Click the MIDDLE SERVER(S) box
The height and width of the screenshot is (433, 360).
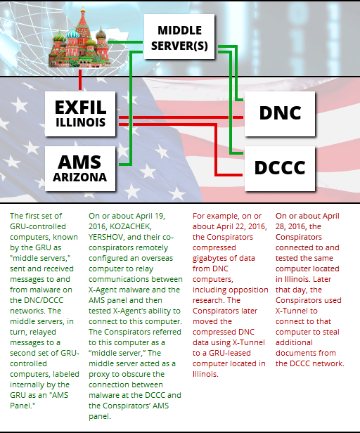179,37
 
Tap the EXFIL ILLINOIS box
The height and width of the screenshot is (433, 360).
80,114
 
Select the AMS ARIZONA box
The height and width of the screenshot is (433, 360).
80,169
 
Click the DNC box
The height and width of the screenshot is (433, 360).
280,114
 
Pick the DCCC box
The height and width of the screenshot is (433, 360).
280,169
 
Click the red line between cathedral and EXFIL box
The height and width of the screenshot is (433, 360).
80,79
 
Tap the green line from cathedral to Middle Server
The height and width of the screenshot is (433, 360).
125,42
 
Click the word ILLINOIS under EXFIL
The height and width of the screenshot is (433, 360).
80,122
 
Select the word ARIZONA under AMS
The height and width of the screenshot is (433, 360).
80,177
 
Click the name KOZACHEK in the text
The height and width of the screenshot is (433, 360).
130,227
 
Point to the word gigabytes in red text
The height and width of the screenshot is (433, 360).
210,259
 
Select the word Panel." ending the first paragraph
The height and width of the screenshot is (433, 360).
22,406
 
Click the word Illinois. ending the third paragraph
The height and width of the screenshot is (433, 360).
205,374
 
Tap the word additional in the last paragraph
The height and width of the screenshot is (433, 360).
294,342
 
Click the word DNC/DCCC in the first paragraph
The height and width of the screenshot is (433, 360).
41,300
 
